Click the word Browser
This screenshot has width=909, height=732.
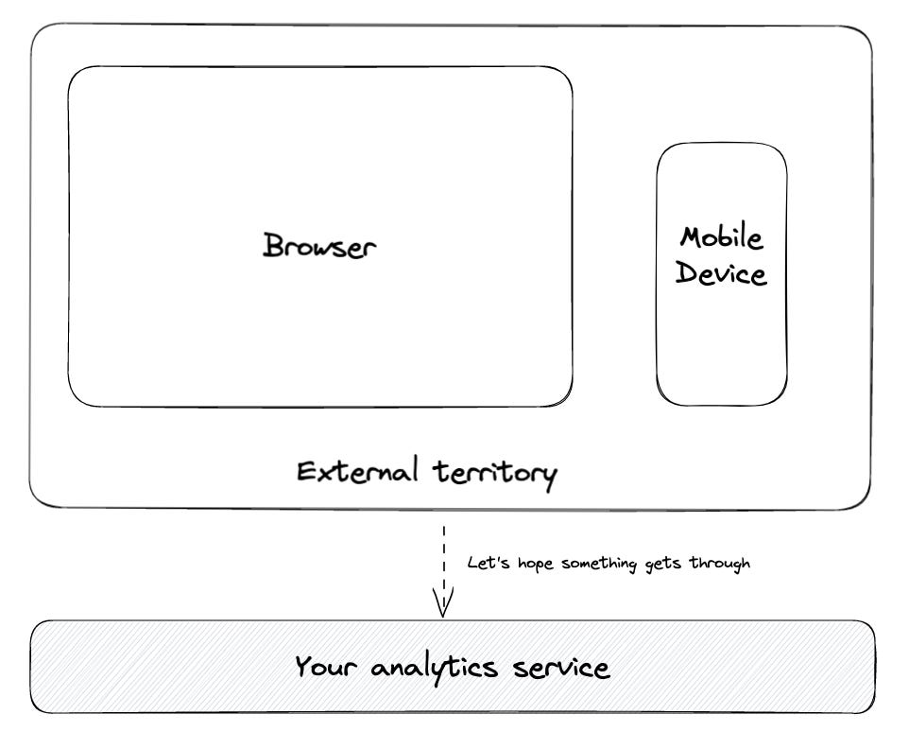pos(319,247)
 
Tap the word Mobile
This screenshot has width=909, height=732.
pos(722,237)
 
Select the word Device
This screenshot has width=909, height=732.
pos(722,275)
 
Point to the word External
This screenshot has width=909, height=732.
pos(357,471)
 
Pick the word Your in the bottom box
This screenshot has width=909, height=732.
pos(326,668)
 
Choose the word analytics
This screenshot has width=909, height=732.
pos(435,669)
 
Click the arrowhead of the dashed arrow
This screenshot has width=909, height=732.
pos(443,604)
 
